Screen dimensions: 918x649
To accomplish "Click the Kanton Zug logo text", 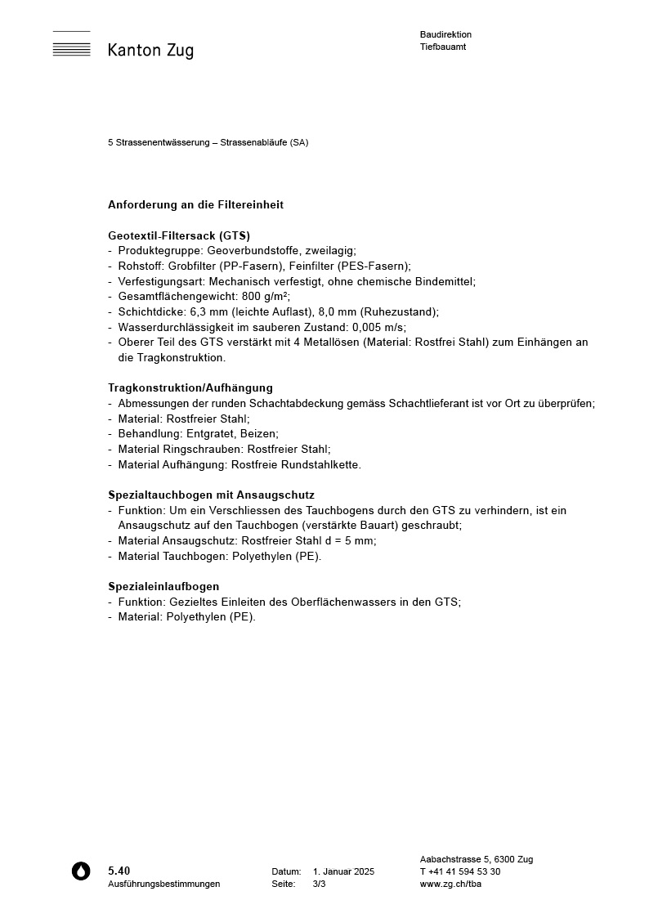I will (x=150, y=51).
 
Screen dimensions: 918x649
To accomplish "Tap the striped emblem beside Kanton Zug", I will (x=72, y=45).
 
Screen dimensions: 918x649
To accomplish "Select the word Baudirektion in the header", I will (x=445, y=35).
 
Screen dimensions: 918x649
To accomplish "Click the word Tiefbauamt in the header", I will (x=443, y=47).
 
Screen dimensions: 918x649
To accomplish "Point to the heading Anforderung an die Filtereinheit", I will (x=195, y=205).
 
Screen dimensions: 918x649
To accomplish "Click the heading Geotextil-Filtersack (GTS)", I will (x=179, y=235).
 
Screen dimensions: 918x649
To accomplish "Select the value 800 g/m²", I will (x=266, y=297).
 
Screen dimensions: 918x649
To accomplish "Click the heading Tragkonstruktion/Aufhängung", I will (x=190, y=388).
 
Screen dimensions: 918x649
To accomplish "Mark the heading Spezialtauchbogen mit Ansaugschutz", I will (x=211, y=495).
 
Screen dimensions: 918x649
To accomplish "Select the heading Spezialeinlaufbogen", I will (x=163, y=587).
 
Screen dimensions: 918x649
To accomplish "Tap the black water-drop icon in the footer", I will (x=81, y=871).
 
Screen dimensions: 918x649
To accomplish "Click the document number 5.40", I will (x=119, y=871).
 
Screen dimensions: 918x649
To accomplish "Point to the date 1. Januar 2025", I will (x=343, y=872).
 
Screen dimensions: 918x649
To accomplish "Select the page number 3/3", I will (x=319, y=884).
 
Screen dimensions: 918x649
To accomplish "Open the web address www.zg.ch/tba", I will (x=450, y=884).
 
